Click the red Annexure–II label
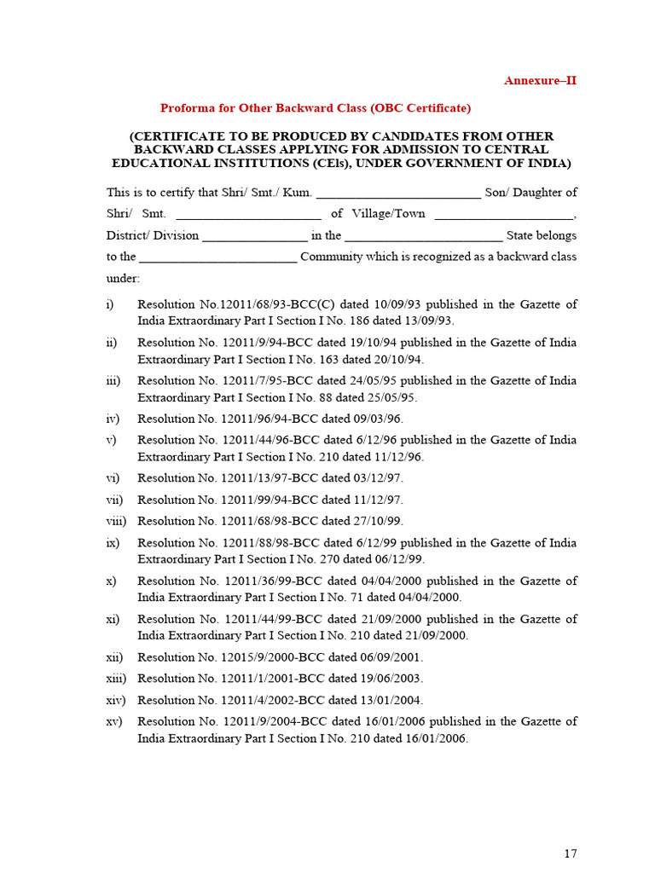pyautogui.click(x=540, y=81)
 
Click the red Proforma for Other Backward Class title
pyautogui.click(x=316, y=108)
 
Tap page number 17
pyautogui.click(x=571, y=853)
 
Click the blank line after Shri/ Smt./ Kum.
pyautogui.click(x=398, y=194)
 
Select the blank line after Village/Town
pyautogui.click(x=504, y=215)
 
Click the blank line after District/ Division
pyautogui.click(x=255, y=236)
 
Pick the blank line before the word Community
pyautogui.click(x=217, y=257)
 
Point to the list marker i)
pyautogui.click(x=111, y=304)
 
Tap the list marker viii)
pyautogui.click(x=116, y=521)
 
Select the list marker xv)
pyautogui.click(x=114, y=721)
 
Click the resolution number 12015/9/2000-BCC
pyautogui.click(x=271, y=657)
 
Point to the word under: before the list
pyautogui.click(x=123, y=279)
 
